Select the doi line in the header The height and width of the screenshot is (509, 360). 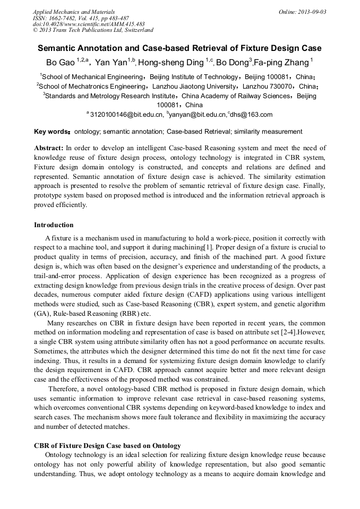click(89, 24)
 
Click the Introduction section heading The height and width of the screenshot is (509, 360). click(54, 225)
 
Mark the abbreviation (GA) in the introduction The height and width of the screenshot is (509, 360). click(41, 314)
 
